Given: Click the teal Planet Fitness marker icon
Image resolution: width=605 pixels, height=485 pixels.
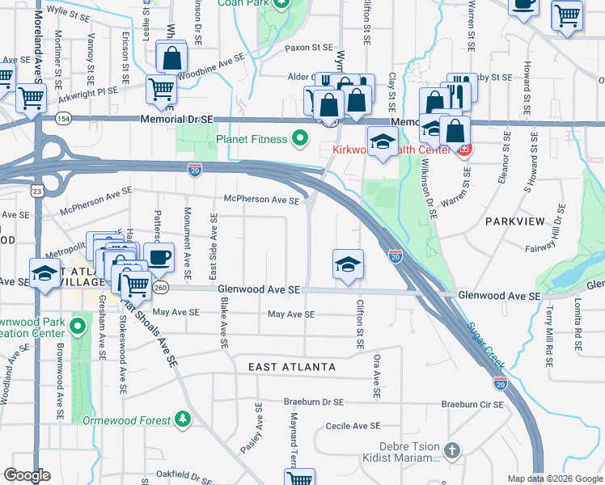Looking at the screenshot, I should coord(301,139).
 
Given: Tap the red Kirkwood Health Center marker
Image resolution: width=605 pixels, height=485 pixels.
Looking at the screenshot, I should coord(464,150).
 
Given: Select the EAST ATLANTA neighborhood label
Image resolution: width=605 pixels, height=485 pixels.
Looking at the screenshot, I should coord(292,367).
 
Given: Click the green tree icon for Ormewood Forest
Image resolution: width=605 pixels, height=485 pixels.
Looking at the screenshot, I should coord(184,420).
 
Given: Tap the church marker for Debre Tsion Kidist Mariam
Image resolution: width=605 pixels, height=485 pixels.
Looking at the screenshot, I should coord(452,449).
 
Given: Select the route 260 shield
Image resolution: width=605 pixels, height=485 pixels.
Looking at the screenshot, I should coord(160,289).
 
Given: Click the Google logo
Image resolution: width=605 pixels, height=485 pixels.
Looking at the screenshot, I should coord(27,475).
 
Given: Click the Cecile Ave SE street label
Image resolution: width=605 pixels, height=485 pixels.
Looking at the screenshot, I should coord(353,425).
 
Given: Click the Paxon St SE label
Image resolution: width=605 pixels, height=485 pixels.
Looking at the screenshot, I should coord(310,48).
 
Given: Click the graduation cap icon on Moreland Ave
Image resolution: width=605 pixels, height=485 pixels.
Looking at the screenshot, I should coord(44,272).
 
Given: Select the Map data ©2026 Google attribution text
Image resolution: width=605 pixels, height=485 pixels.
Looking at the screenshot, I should coord(554,479).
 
